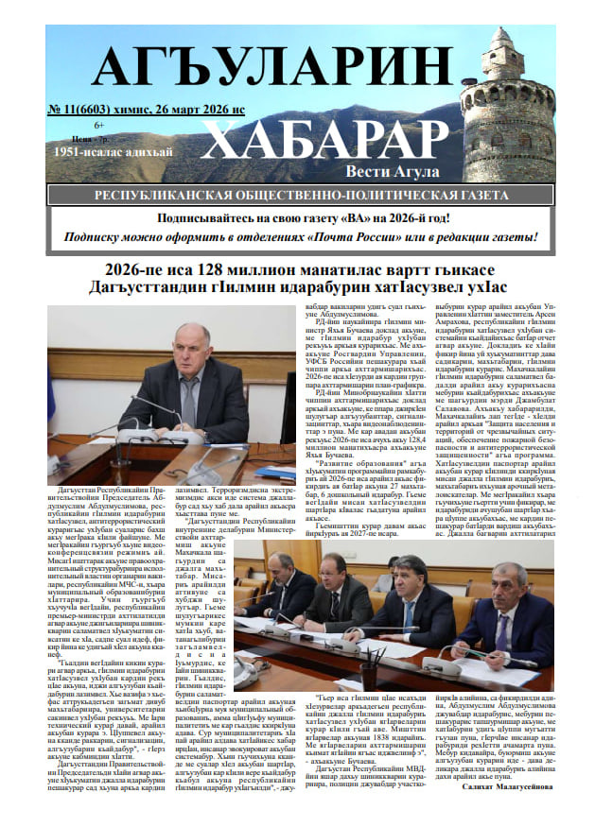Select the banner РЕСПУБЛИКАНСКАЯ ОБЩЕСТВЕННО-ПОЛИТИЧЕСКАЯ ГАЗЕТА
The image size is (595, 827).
point(299,196)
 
